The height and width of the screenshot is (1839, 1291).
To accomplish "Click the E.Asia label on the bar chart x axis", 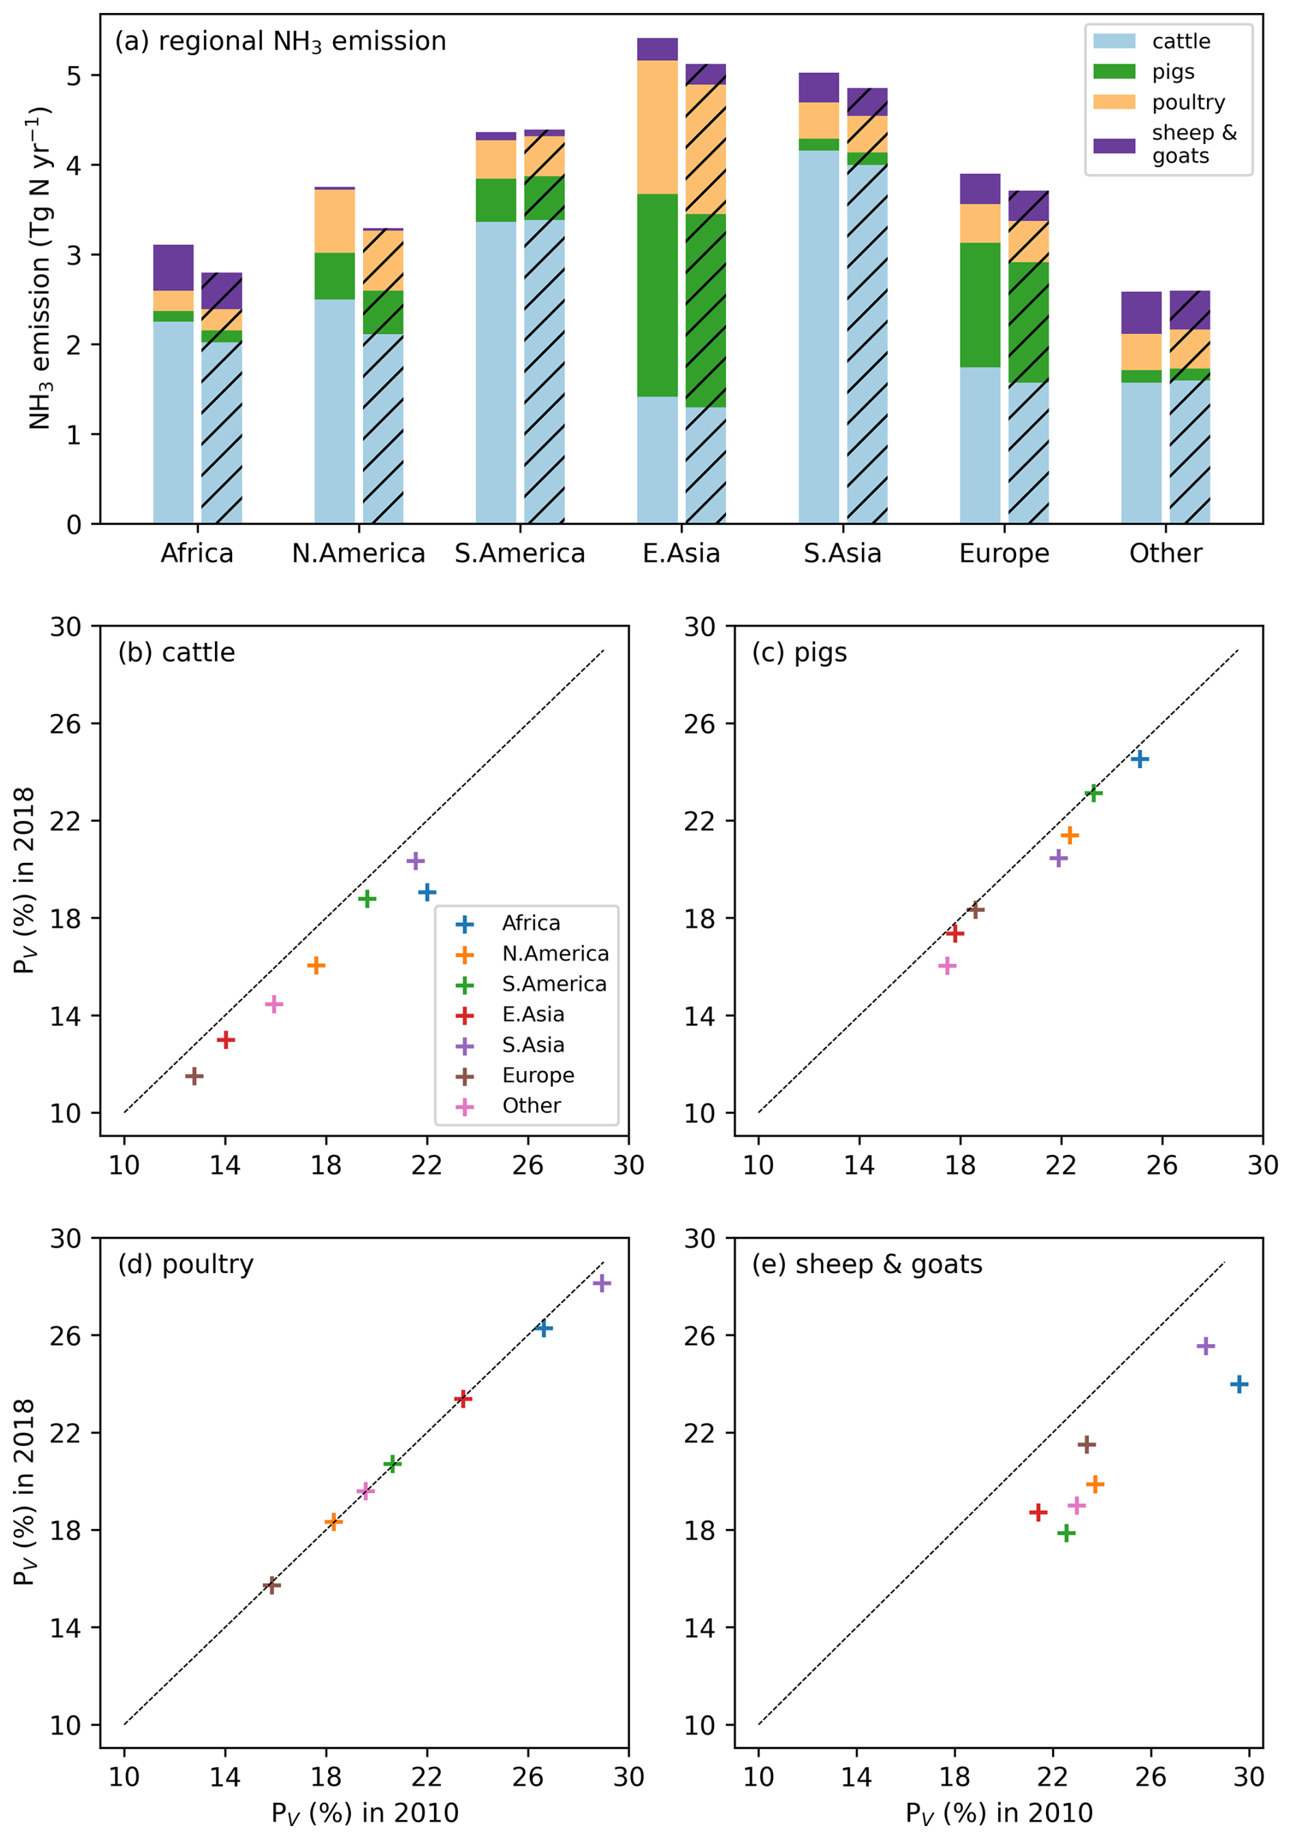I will pos(681,554).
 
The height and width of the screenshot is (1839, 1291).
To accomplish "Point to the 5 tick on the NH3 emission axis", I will pos(74,76).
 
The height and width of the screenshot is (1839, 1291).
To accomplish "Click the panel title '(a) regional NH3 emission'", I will pos(280,42).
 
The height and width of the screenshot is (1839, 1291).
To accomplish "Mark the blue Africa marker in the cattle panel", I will pos(427,892).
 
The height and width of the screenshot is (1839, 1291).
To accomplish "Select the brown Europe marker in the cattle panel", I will pos(193,1076).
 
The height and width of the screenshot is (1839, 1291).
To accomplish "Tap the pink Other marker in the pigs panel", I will pos(947,966).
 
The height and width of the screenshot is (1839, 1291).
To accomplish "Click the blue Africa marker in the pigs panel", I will pos(1140,759).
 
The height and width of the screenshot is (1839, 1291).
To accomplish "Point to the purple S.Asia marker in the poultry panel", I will pos(601,1283).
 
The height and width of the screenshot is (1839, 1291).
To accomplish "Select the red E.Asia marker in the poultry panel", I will pos(462,1399).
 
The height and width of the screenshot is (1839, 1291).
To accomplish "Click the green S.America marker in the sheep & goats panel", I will pos(1066,1533).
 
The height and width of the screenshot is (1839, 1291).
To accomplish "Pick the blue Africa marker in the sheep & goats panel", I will pos(1239,1384).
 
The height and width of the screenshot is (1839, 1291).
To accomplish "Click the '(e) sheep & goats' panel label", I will pos(867,1265).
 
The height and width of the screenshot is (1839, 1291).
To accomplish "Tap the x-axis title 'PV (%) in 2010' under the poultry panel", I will pos(364,1812).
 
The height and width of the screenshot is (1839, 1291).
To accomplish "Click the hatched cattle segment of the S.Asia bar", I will pos(867,345).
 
